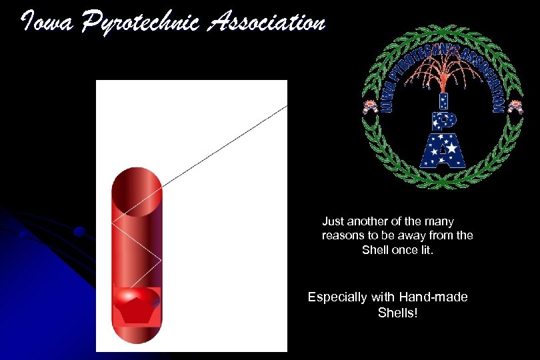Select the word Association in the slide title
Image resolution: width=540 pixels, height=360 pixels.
coord(267,24)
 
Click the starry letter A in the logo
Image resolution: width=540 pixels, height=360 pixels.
coord(441,150)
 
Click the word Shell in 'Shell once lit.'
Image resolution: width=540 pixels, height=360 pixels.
coord(375,250)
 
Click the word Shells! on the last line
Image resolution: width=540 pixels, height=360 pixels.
coord(397,313)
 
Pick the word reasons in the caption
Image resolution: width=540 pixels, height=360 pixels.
coord(343,236)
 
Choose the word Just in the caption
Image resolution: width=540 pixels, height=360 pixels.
coord(334,221)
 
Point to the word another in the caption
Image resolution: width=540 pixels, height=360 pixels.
coord(370,221)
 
